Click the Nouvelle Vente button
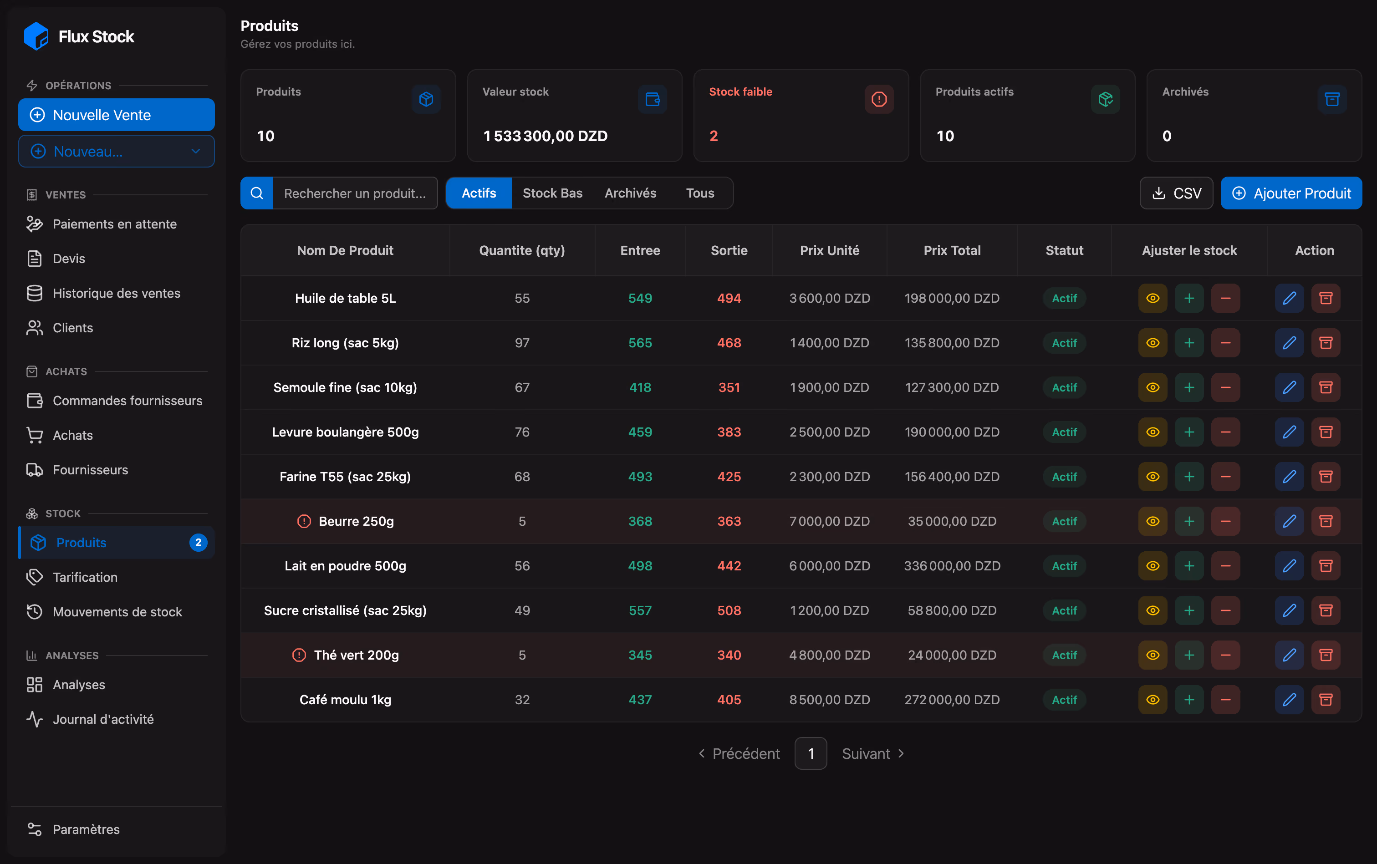(117, 115)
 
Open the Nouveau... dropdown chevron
(195, 152)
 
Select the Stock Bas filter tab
(552, 193)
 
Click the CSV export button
(1176, 193)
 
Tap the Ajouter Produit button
(1291, 193)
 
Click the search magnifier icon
(257, 193)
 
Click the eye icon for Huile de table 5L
(1153, 298)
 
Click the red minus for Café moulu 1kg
(1225, 699)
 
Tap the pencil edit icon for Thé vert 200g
(1289, 655)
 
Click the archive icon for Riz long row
(1326, 343)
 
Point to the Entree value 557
(640, 610)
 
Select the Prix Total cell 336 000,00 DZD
(952, 566)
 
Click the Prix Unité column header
(829, 250)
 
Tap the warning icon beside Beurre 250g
(304, 521)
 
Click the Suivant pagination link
(873, 754)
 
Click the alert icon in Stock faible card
(878, 99)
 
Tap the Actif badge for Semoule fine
(1064, 387)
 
